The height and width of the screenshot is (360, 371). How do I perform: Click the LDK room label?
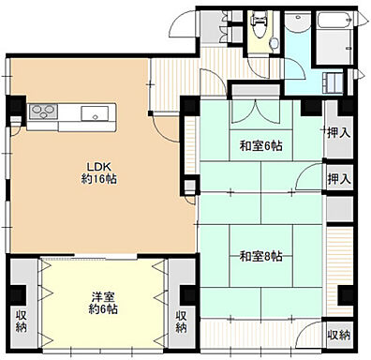[99, 166]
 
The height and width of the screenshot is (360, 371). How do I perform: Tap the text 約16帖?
[99, 179]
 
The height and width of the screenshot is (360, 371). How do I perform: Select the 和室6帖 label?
[261, 146]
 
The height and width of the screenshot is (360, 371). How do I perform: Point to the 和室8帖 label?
[261, 257]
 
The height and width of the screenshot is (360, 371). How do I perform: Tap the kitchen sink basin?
[95, 113]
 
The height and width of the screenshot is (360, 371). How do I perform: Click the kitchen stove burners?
[43, 112]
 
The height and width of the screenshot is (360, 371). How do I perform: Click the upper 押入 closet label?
[339, 133]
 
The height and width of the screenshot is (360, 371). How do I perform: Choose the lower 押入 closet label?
[339, 179]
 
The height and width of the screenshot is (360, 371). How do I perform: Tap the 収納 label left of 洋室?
[22, 322]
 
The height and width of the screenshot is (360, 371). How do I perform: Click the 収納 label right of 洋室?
[181, 322]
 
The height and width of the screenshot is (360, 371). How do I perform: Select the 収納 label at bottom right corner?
[339, 336]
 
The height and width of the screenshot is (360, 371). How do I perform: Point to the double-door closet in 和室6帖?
[256, 112]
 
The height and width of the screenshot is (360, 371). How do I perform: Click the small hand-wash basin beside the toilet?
[275, 43]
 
